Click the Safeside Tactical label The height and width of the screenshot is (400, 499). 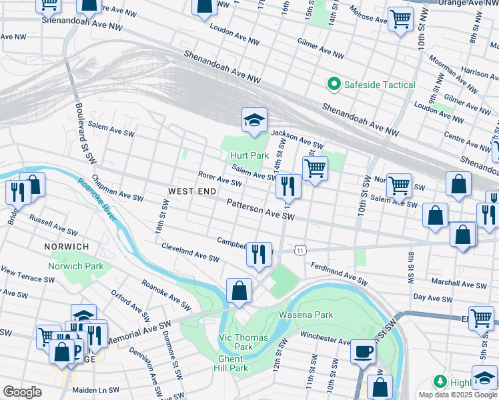pyautogui.click(x=379, y=85)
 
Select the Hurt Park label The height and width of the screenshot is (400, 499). pyautogui.click(x=249, y=155)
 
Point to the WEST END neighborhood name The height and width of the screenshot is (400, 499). pyautogui.click(x=192, y=191)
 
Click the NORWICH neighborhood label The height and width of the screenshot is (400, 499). pyautogui.click(x=67, y=247)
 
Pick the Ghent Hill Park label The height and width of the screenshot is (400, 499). pyautogui.click(x=229, y=363)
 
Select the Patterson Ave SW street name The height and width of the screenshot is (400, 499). pyautogui.click(x=260, y=209)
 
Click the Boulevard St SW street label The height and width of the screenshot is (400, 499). pyautogui.click(x=81, y=127)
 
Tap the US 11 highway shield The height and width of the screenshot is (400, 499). pyautogui.click(x=301, y=249)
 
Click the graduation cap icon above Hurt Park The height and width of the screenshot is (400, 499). pyautogui.click(x=254, y=121)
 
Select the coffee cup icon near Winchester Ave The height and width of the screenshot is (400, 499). pyautogui.click(x=364, y=351)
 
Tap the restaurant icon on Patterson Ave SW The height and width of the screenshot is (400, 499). pyautogui.click(x=288, y=185)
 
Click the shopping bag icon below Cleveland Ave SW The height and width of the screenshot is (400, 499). pyautogui.click(x=239, y=291)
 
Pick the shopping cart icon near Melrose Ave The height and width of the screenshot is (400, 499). pyautogui.click(x=400, y=19)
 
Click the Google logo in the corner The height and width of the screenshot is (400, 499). pyautogui.click(x=22, y=392)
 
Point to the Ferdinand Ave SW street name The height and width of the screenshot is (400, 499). pyautogui.click(x=339, y=274)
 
